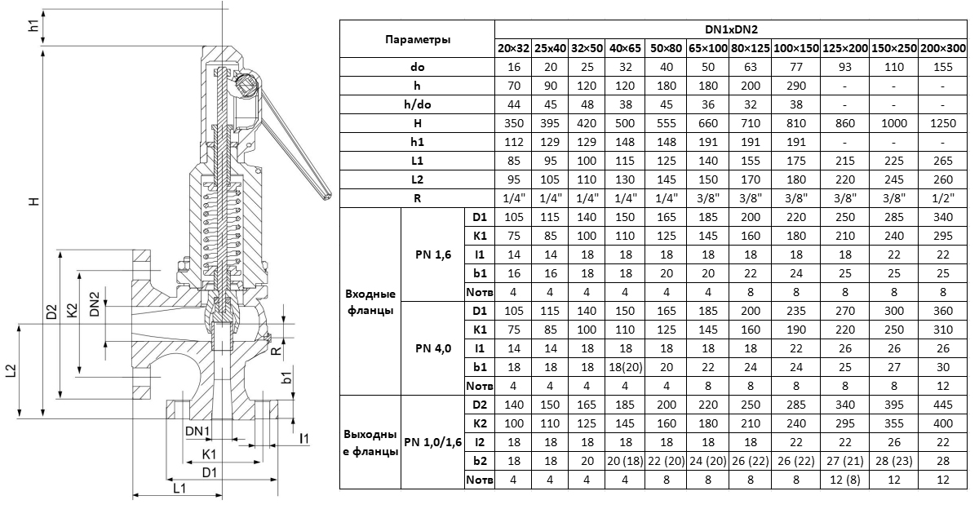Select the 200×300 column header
tap(944, 48)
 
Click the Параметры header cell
tap(417, 39)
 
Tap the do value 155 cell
tap(944, 67)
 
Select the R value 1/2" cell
tap(944, 197)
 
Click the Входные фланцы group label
tap(370, 302)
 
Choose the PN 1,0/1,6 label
tap(432, 441)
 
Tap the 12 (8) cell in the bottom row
tap(846, 480)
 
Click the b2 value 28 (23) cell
tap(894, 461)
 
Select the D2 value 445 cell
tap(944, 404)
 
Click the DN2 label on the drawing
tap(95, 303)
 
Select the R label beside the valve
tap(277, 349)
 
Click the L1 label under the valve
tap(180, 488)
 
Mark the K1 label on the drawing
tap(209, 454)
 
